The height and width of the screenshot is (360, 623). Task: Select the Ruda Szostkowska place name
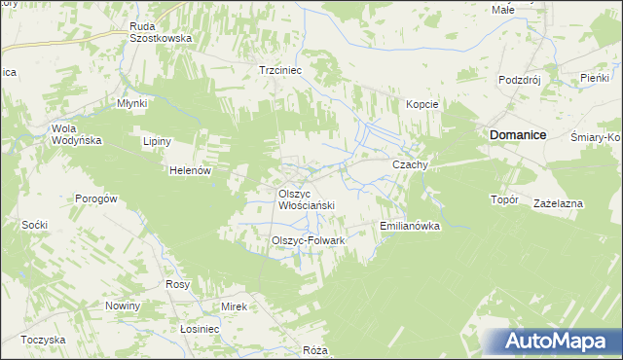click(161, 32)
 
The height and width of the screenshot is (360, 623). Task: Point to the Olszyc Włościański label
click(307, 199)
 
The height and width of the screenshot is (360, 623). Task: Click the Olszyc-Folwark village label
click(308, 239)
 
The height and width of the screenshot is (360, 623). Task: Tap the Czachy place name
click(410, 165)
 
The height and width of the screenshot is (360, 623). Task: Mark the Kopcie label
click(422, 104)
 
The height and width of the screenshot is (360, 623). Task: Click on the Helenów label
click(191, 170)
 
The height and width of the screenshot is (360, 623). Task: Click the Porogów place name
click(96, 198)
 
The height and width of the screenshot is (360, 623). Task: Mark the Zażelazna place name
click(558, 203)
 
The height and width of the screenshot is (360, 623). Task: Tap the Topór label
click(504, 199)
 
